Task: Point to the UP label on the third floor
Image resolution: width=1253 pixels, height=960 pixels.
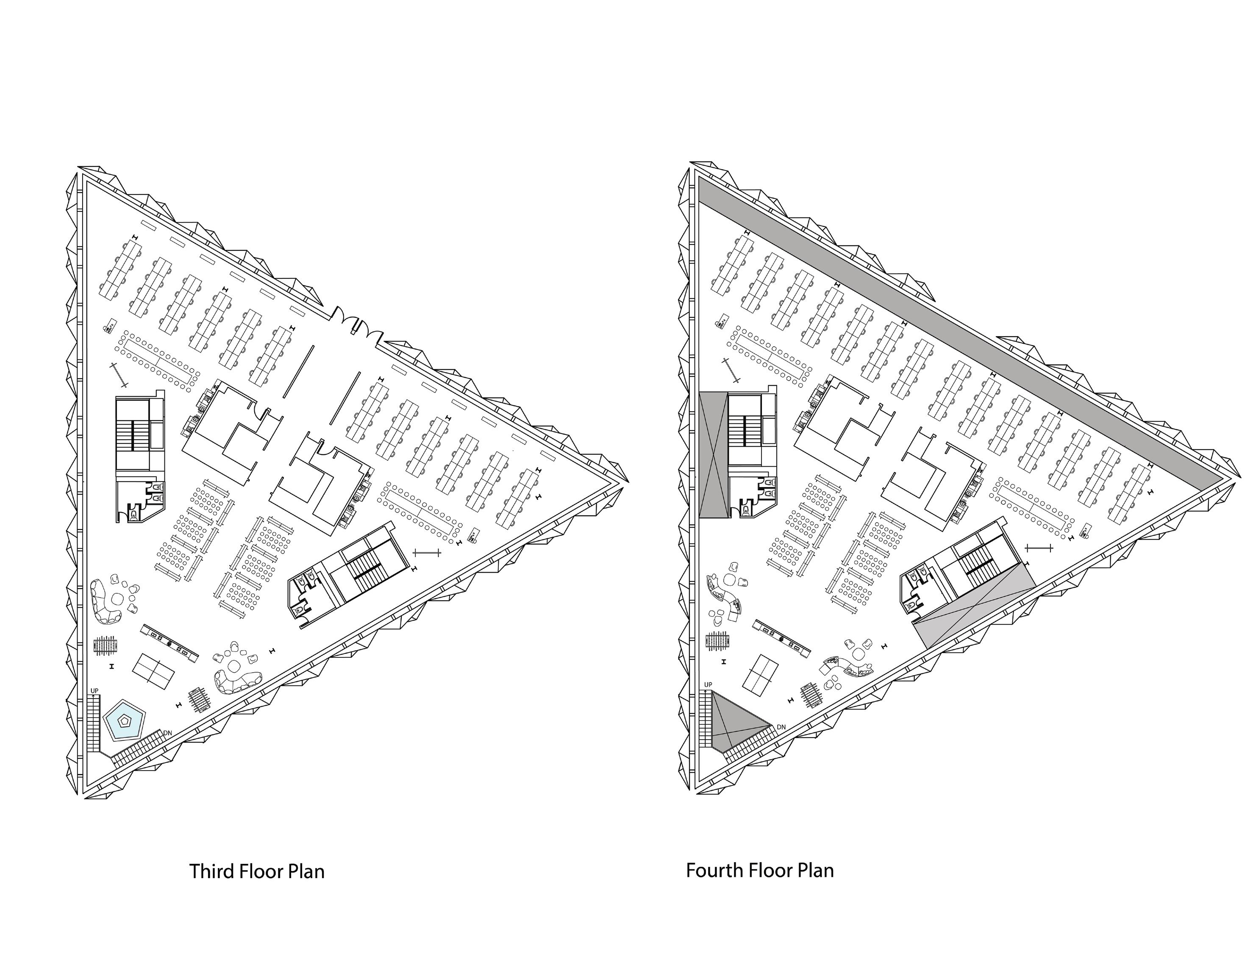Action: tap(94, 691)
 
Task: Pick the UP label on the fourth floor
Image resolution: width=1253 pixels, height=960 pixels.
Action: tap(708, 685)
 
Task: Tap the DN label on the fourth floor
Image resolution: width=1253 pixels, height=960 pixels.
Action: tap(781, 727)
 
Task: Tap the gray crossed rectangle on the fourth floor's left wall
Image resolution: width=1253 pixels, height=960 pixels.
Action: tap(714, 454)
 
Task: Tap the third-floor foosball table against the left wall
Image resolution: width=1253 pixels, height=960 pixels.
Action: tap(106, 645)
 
